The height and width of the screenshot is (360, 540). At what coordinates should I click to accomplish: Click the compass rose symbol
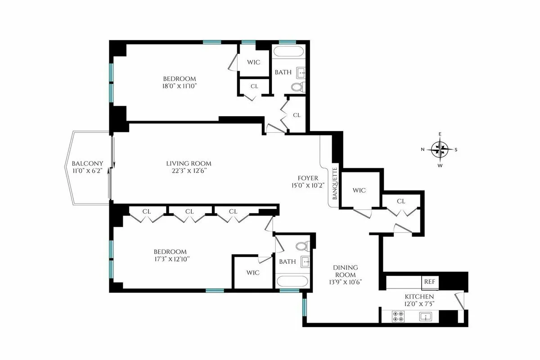click(439, 149)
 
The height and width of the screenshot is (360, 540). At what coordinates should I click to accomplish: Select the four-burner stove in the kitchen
click(398, 316)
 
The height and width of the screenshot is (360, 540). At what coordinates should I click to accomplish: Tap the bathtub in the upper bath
click(291, 51)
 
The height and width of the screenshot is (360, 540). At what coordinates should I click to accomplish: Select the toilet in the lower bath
click(302, 246)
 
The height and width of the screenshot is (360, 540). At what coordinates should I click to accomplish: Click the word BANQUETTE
click(334, 184)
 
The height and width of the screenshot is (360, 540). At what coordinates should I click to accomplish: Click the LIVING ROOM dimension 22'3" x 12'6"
click(189, 171)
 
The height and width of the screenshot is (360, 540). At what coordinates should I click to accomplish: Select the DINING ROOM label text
click(345, 271)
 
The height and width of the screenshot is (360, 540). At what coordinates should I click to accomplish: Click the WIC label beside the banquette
click(359, 190)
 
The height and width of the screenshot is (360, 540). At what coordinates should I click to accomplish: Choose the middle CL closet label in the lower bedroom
click(189, 211)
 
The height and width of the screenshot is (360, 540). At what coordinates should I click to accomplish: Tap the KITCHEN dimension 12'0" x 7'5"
click(419, 304)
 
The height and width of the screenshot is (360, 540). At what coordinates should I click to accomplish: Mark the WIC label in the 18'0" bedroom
click(254, 62)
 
